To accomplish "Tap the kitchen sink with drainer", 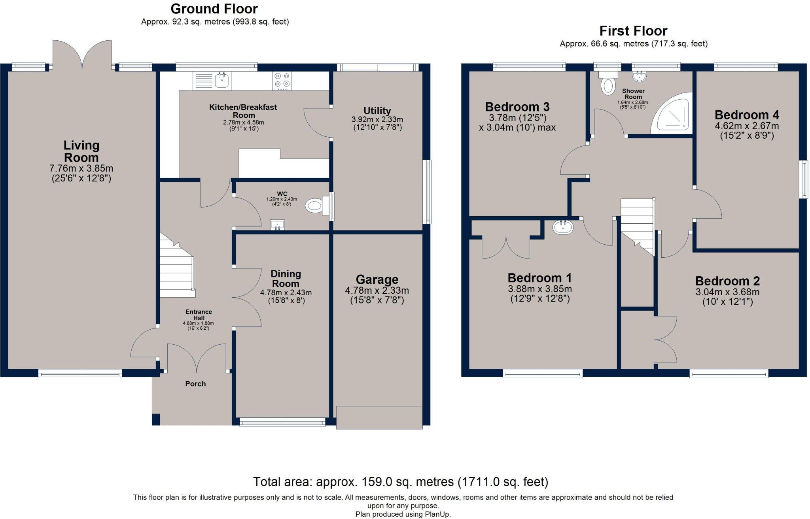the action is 212,81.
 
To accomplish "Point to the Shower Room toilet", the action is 608,83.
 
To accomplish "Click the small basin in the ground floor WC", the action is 277,225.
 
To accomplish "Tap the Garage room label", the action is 377,280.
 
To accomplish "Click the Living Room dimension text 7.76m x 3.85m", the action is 81,169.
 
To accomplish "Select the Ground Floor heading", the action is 214,9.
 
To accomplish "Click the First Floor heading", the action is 633,31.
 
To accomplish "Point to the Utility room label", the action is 377,111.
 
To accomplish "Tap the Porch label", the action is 195,384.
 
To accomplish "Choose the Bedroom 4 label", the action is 747,115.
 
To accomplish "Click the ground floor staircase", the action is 177,265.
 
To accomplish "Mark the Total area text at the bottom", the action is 401,482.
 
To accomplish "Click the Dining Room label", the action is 286,279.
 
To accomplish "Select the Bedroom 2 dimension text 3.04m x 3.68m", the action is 727,293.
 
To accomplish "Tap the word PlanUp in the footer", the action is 438,514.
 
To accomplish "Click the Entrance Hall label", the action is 199,315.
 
